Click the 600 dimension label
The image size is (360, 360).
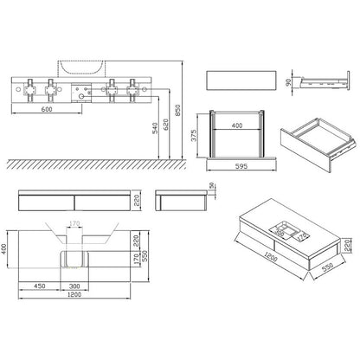47,110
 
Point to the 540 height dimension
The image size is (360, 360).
155,128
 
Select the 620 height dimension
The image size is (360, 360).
165,125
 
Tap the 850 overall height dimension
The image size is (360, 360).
177,110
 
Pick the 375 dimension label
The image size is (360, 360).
194,135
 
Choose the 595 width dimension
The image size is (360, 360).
241,166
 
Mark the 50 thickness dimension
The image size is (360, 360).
211,185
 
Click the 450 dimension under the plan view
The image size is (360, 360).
40,286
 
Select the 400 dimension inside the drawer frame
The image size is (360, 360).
237,125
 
